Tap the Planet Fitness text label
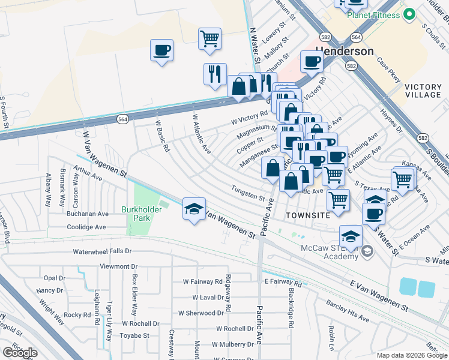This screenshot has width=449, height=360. click(x=374, y=15)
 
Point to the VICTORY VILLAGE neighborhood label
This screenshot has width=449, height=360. click(x=423, y=91)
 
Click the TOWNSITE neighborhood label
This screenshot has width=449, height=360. click(x=307, y=215)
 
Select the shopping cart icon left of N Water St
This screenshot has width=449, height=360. click(x=210, y=39)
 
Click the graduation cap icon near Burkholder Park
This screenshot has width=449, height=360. click(x=194, y=209)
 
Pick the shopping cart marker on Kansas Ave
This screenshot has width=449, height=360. click(x=402, y=179)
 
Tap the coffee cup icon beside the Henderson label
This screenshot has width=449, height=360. click(x=312, y=61)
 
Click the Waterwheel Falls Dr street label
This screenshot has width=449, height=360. click(x=102, y=251)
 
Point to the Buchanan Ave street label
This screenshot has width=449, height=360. click(x=88, y=213)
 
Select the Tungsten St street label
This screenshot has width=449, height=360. click(x=249, y=194)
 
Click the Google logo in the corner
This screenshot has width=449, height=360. click(x=20, y=353)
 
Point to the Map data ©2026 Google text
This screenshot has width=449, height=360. click(x=411, y=355)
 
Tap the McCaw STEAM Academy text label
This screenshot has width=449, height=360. click(x=333, y=252)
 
